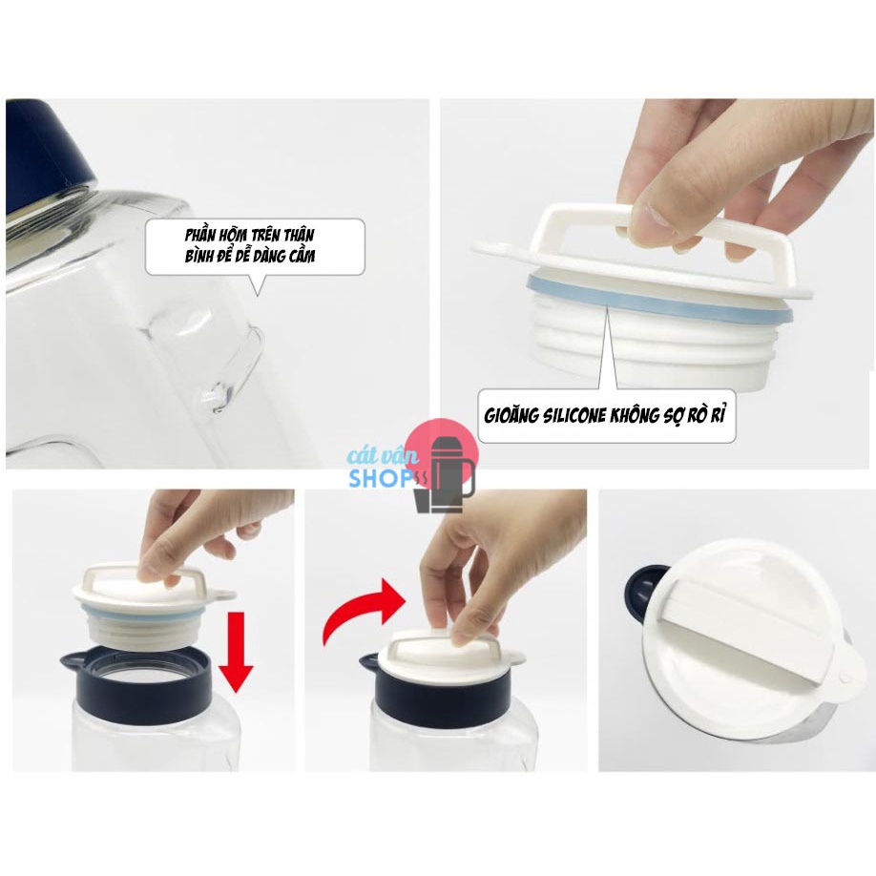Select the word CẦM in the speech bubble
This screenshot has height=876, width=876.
coord(302,256)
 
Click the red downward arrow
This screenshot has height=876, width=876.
coord(236,652)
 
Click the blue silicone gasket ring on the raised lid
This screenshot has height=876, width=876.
coord(659,302)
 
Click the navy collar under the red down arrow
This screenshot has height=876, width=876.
coord(136,677)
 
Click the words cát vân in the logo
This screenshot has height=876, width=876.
coord(383,455)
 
